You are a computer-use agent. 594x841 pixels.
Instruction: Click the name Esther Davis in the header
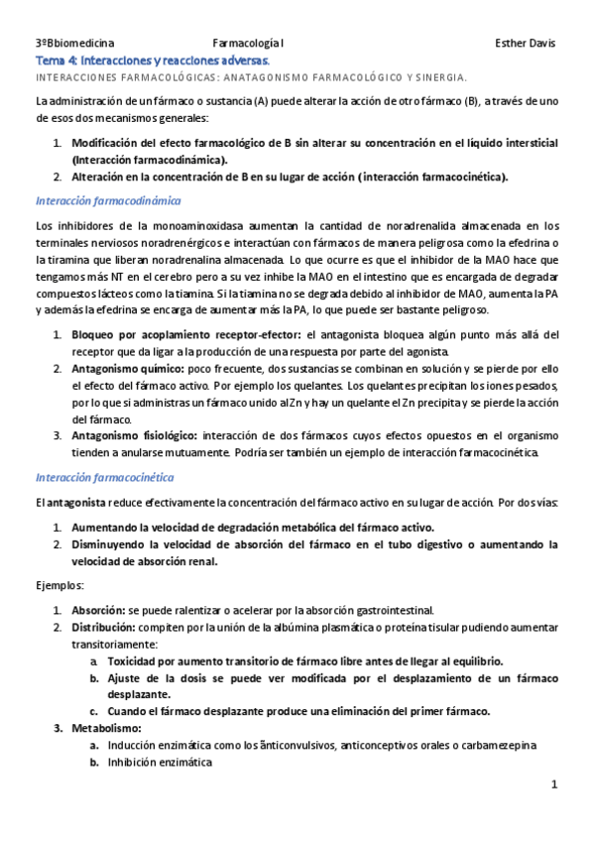pos(525,45)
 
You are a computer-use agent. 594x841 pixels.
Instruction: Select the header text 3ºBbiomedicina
pos(74,45)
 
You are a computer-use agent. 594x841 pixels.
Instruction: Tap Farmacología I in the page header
pos(249,45)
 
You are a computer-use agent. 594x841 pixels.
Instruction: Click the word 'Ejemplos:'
pos(59,585)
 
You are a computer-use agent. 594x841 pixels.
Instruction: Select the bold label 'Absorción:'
pos(97,610)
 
